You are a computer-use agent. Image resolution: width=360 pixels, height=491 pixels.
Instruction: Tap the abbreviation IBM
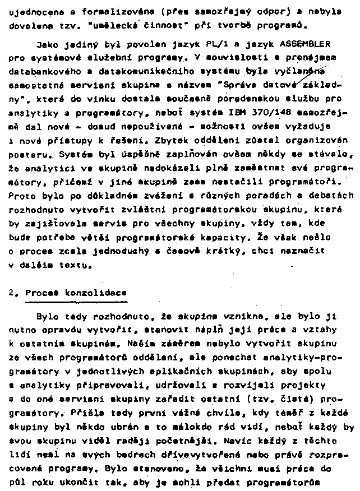(239, 114)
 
